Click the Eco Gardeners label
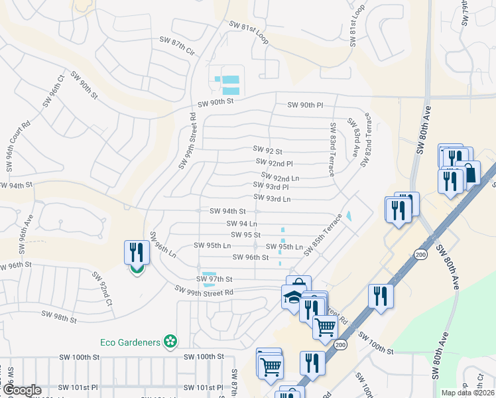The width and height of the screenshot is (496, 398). tap(130, 342)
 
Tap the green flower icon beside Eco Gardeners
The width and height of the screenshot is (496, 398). tap(171, 342)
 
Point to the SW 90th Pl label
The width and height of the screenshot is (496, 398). tap(305, 105)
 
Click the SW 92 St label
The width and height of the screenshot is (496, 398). tap(268, 151)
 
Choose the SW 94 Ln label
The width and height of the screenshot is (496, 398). tap(242, 224)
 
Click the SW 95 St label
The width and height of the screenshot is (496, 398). tap(245, 235)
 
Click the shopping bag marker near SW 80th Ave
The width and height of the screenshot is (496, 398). tap(469, 173)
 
